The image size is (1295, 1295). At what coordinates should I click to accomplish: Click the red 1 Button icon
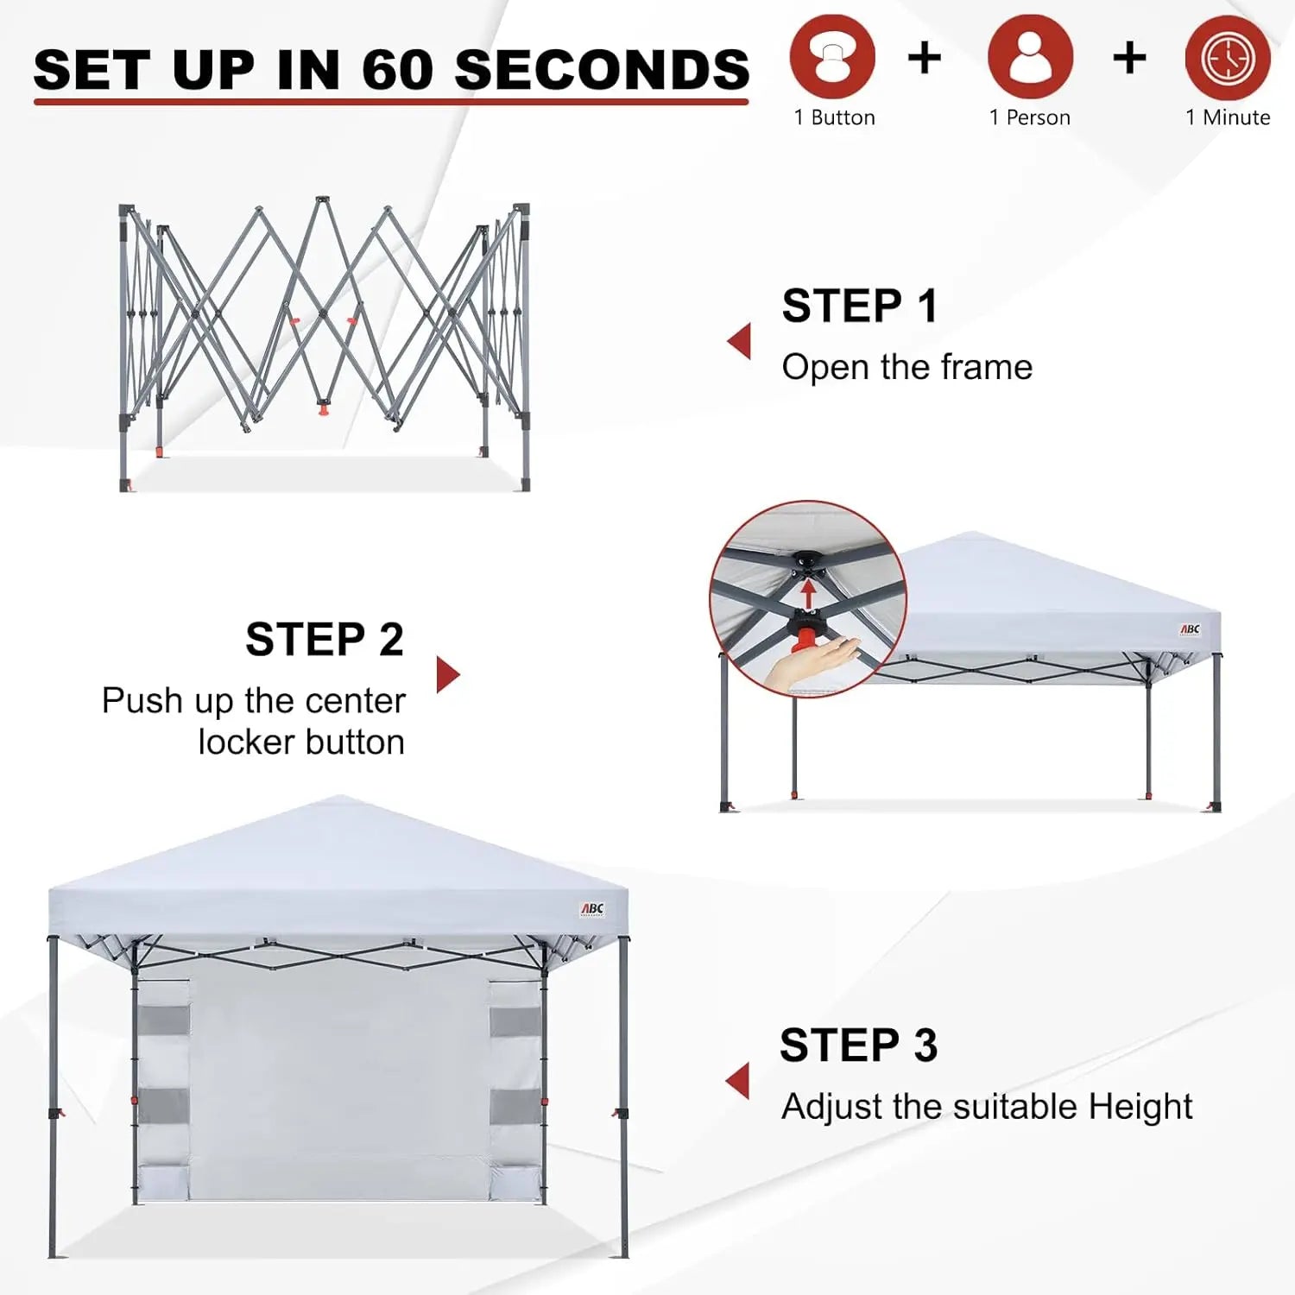coord(832,57)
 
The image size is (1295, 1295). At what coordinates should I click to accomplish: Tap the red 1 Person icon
coord(1030,57)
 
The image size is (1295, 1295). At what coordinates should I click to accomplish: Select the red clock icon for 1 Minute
coord(1228,57)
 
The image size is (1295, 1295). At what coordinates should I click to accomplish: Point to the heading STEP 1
coord(860,306)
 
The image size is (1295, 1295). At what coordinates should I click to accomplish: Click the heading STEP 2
coord(325,640)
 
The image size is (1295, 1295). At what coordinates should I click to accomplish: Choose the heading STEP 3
coord(858,1045)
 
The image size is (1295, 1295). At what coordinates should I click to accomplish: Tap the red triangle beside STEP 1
coord(739,341)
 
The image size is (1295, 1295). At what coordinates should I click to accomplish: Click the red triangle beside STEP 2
coord(447,674)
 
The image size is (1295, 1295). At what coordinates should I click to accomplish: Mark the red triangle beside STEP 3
coord(738,1081)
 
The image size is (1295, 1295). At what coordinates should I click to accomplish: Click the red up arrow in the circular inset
coord(808,592)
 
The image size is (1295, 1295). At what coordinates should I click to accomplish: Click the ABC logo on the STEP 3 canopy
coord(592,909)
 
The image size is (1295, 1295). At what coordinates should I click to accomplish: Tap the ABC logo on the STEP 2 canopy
coord(1190,629)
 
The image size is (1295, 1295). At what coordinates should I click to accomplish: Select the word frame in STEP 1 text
coord(986,368)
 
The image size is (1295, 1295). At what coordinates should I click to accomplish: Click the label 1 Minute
coord(1228,117)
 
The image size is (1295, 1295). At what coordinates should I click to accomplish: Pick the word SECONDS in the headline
coord(602,69)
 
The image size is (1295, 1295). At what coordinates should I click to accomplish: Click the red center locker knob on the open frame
coord(325,407)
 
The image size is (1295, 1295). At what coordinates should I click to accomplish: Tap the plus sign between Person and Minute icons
coord(1129,58)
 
